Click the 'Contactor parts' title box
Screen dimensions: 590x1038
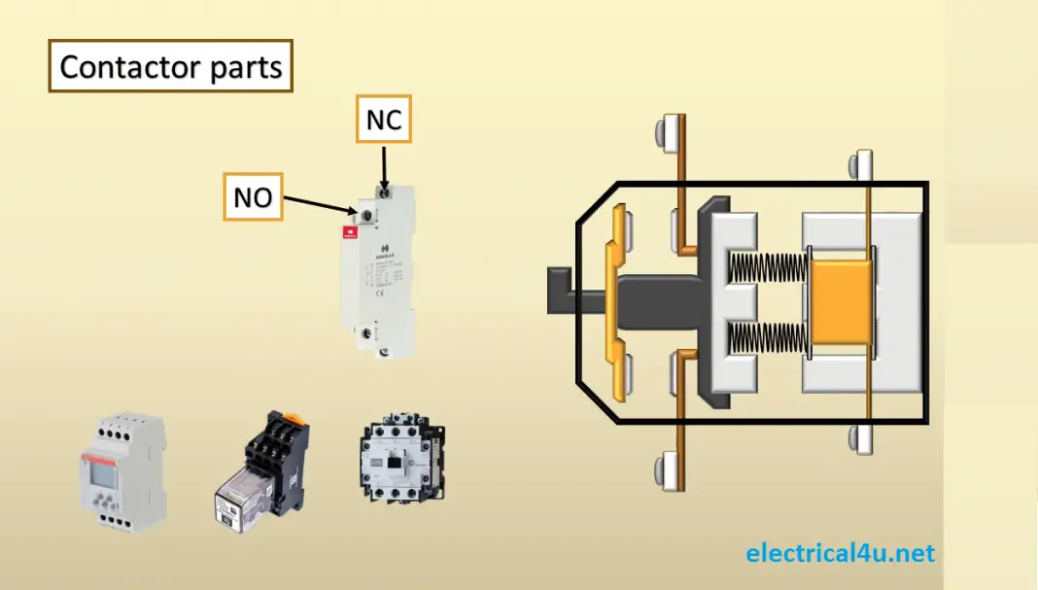pyautogui.click(x=170, y=66)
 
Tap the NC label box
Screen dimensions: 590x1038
pyautogui.click(x=384, y=120)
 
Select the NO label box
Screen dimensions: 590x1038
pyautogui.click(x=253, y=197)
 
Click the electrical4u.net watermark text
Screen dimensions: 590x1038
pyautogui.click(x=841, y=553)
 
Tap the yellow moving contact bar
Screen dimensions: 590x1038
pyautogui.click(x=612, y=301)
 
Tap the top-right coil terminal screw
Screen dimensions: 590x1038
pyautogui.click(x=861, y=165)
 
